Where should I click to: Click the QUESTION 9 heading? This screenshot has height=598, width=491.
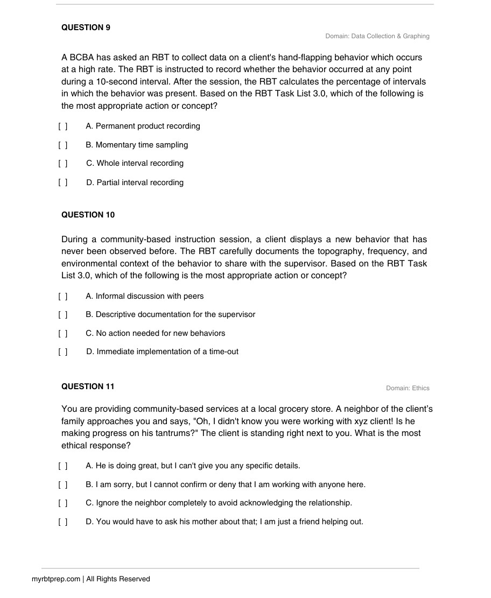click(86, 27)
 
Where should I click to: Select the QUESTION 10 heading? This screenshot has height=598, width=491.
click(88, 215)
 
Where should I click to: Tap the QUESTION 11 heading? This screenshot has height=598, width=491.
click(88, 386)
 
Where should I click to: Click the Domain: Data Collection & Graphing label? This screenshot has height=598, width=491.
click(377, 36)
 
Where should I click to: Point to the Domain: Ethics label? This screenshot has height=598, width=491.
click(408, 388)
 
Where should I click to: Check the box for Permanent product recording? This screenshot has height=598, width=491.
click(64, 126)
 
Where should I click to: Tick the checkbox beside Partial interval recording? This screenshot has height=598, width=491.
click(64, 182)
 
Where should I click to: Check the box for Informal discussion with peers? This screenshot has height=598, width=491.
click(64, 296)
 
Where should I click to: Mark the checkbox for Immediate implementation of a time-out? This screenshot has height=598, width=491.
click(64, 352)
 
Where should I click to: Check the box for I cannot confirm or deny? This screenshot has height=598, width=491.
click(64, 485)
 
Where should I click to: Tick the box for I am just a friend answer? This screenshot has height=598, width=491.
click(64, 522)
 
